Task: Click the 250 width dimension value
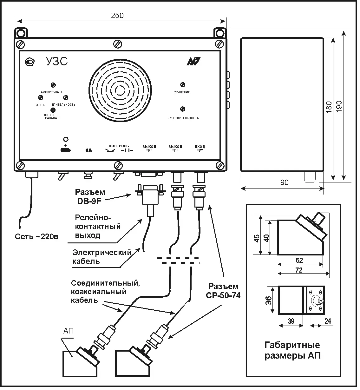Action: pyautogui.click(x=118, y=15)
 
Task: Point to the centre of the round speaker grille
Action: pyautogui.click(x=121, y=90)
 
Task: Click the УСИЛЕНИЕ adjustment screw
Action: pyautogui.click(x=183, y=85)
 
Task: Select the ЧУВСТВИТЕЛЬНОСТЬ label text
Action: pyautogui.click(x=183, y=118)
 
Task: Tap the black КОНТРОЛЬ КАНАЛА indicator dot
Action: pyautogui.click(x=53, y=110)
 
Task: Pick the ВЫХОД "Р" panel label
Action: pyautogui.click(x=149, y=149)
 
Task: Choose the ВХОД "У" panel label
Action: pyautogui.click(x=200, y=149)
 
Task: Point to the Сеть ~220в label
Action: pyautogui.click(x=37, y=237)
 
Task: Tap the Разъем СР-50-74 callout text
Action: pyautogui.click(x=223, y=291)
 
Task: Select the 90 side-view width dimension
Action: pyautogui.click(x=285, y=182)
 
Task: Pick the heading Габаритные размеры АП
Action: pyautogui.click(x=292, y=350)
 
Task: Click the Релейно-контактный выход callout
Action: pyautogui.click(x=98, y=227)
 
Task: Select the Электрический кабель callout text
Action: pyautogui.click(x=102, y=257)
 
